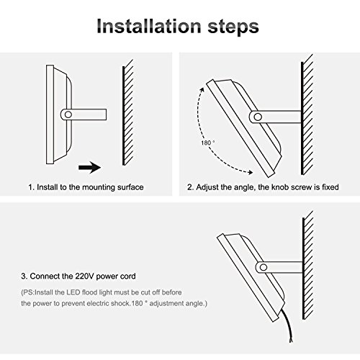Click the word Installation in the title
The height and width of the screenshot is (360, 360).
149,26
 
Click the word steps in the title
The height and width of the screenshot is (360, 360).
233,27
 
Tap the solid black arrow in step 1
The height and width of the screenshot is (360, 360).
89,167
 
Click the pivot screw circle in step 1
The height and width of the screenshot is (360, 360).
68,114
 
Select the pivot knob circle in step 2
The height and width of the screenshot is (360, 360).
258,117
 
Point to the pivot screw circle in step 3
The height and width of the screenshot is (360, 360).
264,267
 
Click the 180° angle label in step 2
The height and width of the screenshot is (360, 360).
208,143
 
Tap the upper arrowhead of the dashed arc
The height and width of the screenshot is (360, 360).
202,90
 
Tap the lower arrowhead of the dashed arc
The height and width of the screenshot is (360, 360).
250,172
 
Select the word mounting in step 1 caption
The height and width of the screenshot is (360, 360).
99,187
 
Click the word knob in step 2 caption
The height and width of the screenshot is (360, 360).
280,187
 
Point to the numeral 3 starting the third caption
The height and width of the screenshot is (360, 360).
23,276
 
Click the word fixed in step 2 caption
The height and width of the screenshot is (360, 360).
330,187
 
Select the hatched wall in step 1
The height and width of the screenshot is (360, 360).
128,113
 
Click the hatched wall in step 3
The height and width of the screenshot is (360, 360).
308,265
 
